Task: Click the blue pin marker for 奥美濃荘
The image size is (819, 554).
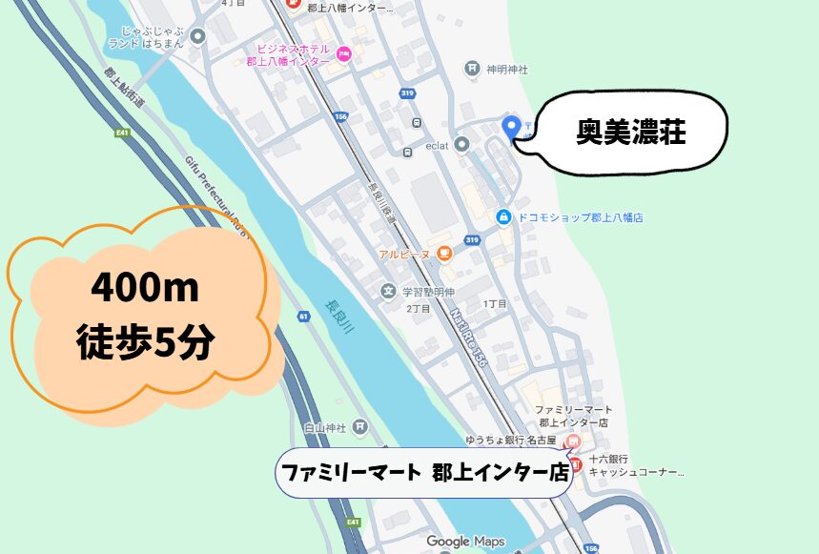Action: click(511, 126)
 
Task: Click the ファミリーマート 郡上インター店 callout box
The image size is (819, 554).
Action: click(423, 471)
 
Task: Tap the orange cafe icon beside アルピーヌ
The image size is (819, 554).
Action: click(443, 253)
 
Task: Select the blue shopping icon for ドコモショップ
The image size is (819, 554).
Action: click(502, 217)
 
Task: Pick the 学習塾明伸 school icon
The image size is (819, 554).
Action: click(387, 292)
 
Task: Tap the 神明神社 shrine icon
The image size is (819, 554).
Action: click(472, 69)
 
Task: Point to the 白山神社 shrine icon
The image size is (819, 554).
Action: click(359, 426)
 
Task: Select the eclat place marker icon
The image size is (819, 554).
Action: click(461, 145)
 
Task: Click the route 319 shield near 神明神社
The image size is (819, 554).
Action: click(407, 93)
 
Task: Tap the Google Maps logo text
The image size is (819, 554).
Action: click(465, 542)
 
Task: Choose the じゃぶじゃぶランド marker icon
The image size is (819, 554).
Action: click(198, 37)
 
